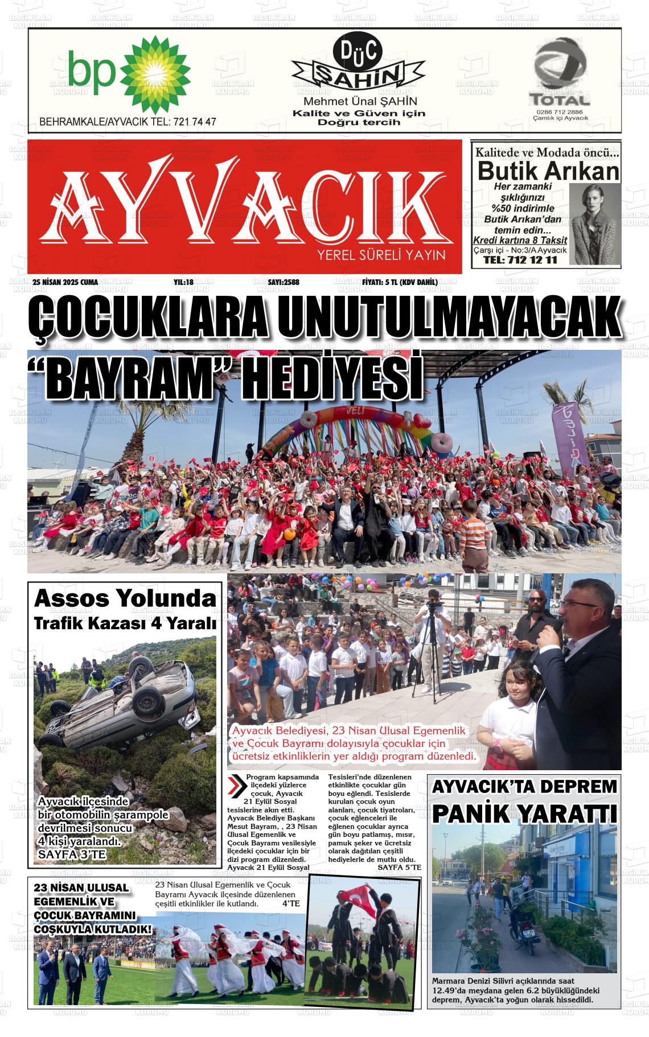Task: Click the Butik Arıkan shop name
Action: pos(547,171)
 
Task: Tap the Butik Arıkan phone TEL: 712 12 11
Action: pos(519,261)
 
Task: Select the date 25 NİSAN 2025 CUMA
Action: pos(65,282)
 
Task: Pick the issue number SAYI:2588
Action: pos(284,282)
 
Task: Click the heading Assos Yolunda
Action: pos(125,598)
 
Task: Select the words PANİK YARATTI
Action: pos(524,813)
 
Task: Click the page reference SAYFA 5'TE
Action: pos(399,867)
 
